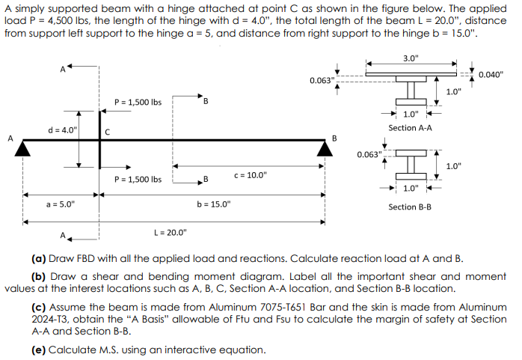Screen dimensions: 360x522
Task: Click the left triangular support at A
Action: [23, 149]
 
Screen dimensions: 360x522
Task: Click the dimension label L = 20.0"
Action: [170, 233]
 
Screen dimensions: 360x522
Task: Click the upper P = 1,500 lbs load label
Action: [138, 102]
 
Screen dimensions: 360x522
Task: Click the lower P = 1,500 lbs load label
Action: [138, 179]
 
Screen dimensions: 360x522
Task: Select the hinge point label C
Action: [108, 132]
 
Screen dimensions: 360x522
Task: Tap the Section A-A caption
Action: [410, 128]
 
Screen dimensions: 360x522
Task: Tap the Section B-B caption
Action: [410, 206]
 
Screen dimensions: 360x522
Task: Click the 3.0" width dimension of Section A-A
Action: [411, 58]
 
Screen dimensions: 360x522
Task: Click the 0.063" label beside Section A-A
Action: [322, 79]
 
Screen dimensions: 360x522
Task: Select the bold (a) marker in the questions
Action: [39, 259]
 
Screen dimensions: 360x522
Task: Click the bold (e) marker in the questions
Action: [39, 350]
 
